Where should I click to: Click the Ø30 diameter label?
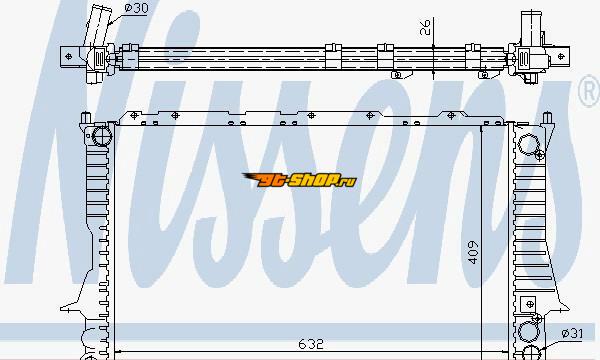point(136,8)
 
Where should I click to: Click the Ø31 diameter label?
point(572,334)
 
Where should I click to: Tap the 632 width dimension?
point(311,344)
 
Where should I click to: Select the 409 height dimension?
point(473,252)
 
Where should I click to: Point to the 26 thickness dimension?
point(425,27)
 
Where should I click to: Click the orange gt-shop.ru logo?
point(299,180)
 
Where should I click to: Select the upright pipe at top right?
point(531,27)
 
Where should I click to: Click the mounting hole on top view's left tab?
point(69,57)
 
